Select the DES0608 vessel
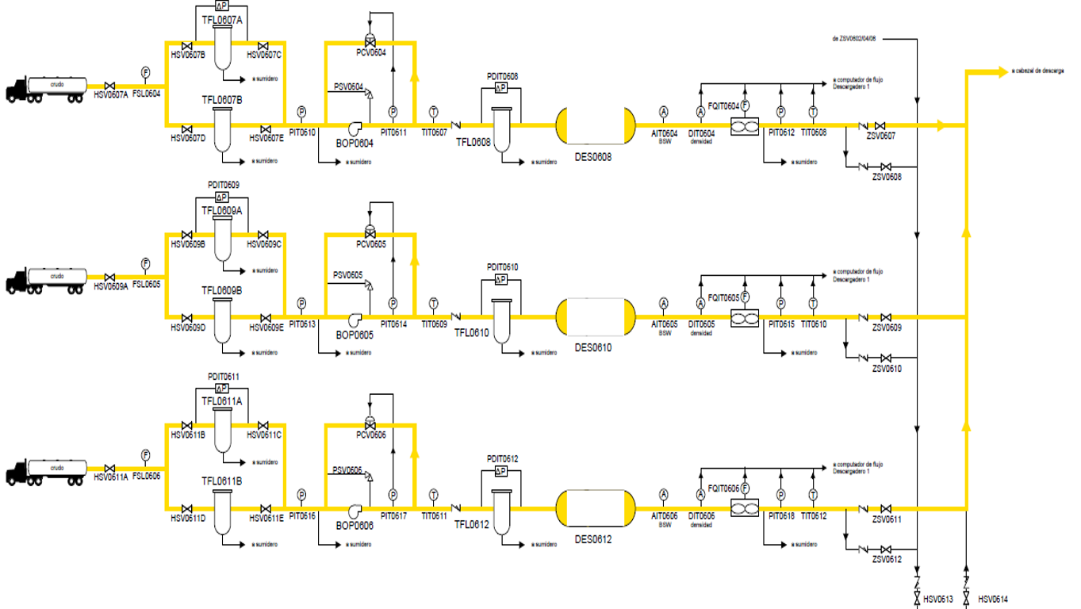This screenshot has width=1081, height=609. coord(595,125)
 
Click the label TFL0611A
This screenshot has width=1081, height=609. coord(221,401)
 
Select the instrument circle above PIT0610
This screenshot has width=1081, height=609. coord(301,112)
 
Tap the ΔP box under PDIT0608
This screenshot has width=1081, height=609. coord(500,88)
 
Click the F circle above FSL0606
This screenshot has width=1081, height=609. coord(145,455)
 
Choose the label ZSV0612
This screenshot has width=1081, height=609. coord(887,560)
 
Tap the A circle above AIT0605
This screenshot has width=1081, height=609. coord(664,303)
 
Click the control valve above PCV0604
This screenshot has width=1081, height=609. coord(370,40)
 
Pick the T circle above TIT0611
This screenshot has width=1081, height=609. coord(433,495)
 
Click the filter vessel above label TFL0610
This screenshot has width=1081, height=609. coord(500,321)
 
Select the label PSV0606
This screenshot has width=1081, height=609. coord(347,470)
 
